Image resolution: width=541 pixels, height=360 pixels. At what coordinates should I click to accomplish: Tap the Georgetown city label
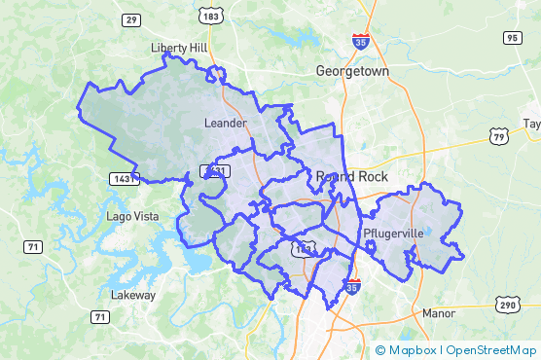[352, 72]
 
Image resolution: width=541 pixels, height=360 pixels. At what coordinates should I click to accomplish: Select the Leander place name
[226, 123]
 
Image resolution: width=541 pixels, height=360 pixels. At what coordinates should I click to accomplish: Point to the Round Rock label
[352, 176]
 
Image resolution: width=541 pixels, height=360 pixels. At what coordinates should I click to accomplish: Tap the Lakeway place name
[133, 295]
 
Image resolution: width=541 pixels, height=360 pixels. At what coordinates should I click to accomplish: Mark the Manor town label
[439, 313]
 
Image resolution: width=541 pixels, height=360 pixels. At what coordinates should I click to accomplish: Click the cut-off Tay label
[531, 124]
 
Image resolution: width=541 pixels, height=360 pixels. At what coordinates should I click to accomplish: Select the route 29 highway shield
[130, 19]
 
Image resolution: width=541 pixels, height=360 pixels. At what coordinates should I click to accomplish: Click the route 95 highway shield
[512, 38]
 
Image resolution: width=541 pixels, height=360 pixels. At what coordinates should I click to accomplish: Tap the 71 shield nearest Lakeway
[100, 317]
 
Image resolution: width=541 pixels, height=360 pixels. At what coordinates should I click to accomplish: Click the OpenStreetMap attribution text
[491, 350]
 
